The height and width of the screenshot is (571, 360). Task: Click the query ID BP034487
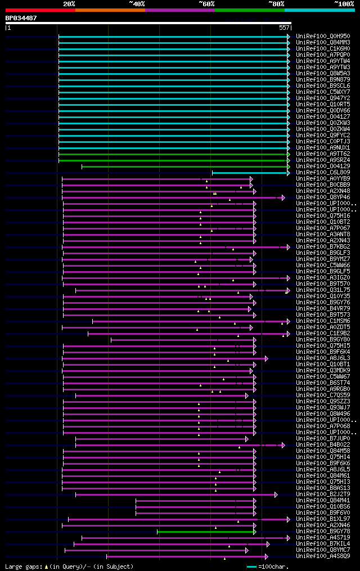[21, 18]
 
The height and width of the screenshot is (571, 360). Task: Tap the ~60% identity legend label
[206, 4]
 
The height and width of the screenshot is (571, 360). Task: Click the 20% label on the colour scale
[69, 4]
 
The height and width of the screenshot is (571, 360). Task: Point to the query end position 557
[284, 28]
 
